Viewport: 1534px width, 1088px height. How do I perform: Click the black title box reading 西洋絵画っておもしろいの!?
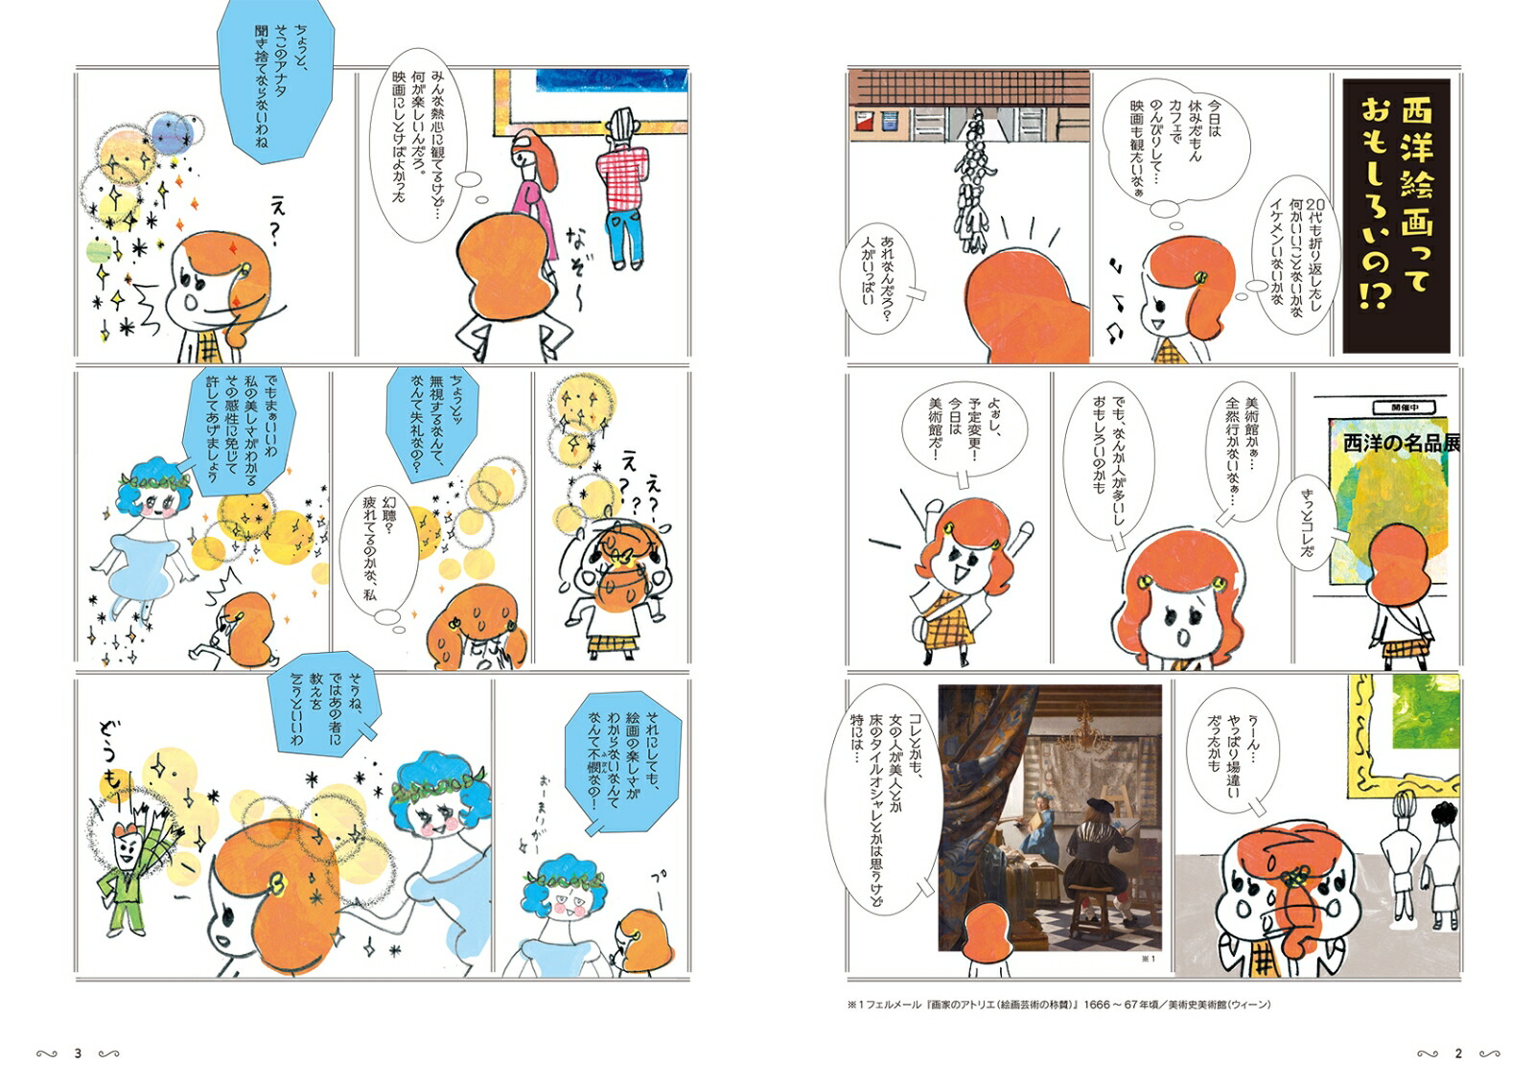click(x=1396, y=215)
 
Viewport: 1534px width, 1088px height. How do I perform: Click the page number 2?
click(x=1458, y=1053)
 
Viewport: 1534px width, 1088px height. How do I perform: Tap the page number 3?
click(x=78, y=1053)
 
